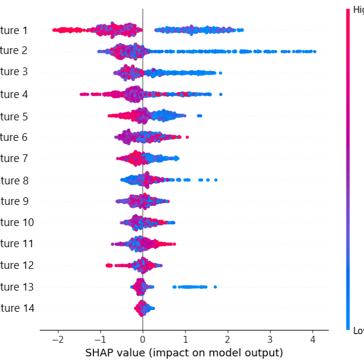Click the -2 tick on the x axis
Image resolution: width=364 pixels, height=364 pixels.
pos(58,340)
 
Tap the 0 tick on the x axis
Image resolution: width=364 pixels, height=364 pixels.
pos(143,340)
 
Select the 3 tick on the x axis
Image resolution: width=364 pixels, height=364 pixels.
pos(270,340)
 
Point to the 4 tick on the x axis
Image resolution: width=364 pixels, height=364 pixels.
pos(312,340)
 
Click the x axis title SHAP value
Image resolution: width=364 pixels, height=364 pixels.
pos(184,353)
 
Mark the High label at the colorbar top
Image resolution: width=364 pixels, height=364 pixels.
pos(358,10)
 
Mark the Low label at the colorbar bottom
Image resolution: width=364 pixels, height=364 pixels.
pos(358,331)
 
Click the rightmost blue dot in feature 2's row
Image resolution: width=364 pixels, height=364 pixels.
pos(315,52)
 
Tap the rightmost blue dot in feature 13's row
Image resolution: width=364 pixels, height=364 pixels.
pos(215,287)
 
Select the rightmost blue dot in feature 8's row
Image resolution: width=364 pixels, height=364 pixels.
pos(215,180)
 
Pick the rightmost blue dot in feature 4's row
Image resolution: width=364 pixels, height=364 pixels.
pos(221,94)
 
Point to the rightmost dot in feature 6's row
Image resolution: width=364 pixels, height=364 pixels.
pos(187,137)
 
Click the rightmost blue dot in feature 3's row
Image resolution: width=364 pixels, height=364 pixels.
pos(220,73)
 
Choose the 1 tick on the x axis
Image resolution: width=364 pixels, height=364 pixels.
pos(185,340)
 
